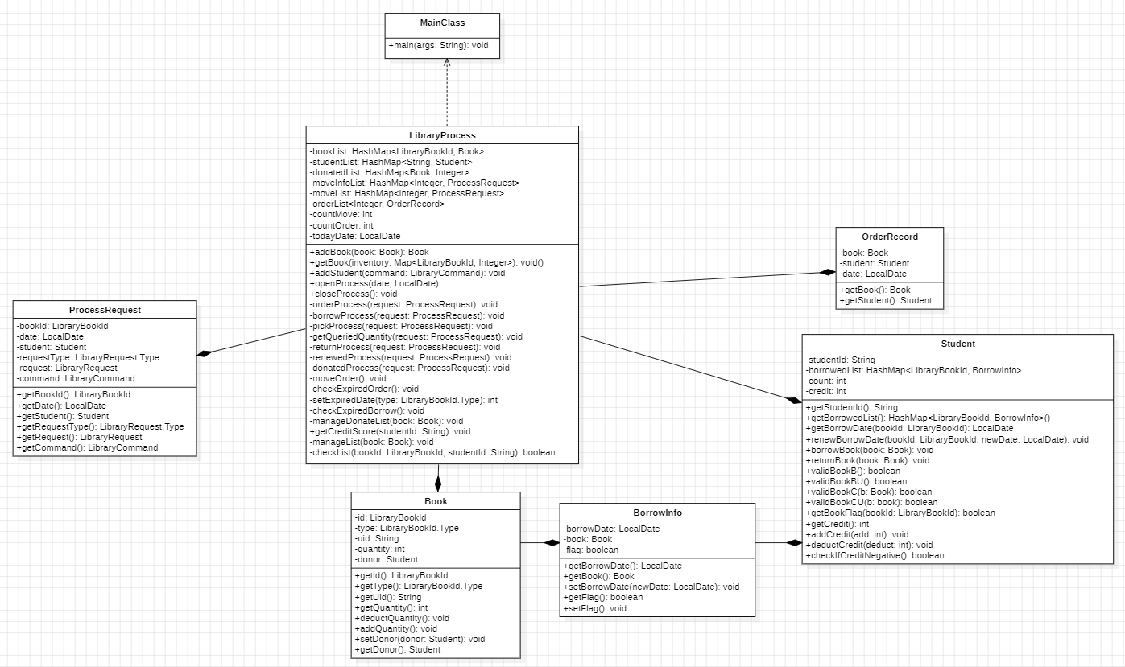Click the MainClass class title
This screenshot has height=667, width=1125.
pyautogui.click(x=442, y=23)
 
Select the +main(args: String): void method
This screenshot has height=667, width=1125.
pyautogui.click(x=438, y=46)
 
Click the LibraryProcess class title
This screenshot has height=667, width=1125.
pyautogui.click(x=442, y=135)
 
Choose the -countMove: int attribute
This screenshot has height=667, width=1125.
pyautogui.click(x=341, y=215)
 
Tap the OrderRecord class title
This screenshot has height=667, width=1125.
pyautogui.click(x=889, y=237)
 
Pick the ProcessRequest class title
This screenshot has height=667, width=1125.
pyautogui.click(x=105, y=310)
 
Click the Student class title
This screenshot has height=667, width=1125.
pyautogui.click(x=957, y=344)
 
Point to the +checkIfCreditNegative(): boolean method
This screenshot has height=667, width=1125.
pyautogui.click(x=875, y=555)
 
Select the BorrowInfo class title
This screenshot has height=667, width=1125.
pyautogui.click(x=657, y=513)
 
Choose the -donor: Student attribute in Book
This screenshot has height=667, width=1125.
pyautogui.click(x=386, y=559)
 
